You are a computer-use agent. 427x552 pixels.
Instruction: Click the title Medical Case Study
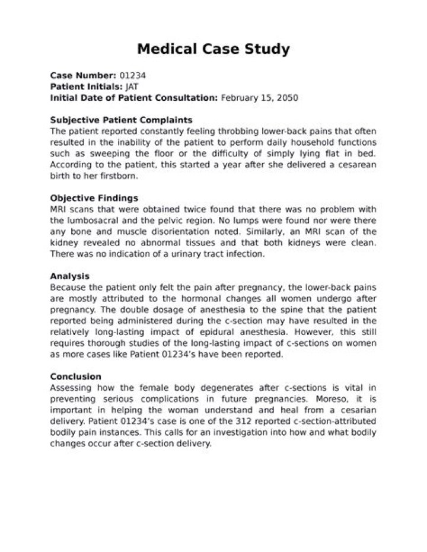point(213,49)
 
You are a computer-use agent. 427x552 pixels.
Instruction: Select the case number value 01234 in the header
point(132,76)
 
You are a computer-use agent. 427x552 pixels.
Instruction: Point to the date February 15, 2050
point(259,97)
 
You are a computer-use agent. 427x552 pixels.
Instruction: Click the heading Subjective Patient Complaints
point(121,120)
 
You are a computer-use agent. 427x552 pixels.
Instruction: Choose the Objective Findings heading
point(94,198)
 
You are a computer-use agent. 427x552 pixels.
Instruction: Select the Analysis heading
point(69,276)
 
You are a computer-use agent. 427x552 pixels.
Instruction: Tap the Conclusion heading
point(75,376)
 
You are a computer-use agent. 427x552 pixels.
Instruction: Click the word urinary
point(180,253)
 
